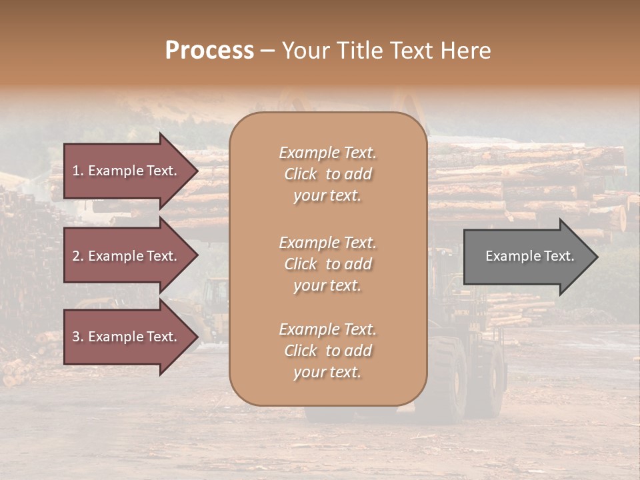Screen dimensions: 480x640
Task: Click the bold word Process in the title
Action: (x=209, y=51)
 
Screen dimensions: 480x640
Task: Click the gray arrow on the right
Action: (x=527, y=257)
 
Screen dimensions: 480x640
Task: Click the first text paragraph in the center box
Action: (x=327, y=174)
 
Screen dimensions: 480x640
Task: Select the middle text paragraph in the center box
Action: (x=327, y=264)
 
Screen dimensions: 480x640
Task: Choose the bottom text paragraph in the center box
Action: (x=327, y=351)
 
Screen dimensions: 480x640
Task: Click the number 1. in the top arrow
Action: (x=78, y=171)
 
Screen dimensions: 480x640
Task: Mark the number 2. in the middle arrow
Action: (x=78, y=256)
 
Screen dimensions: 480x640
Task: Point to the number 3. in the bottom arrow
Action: (x=78, y=337)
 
